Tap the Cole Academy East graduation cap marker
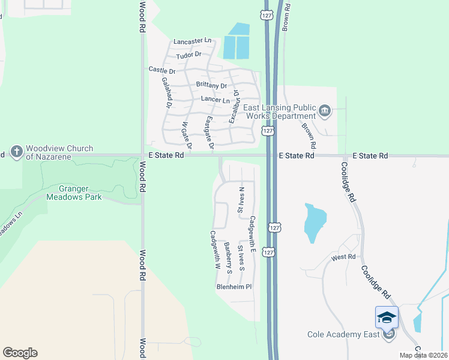point(387,317)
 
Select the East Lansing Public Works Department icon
point(325,110)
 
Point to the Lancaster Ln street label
point(193,41)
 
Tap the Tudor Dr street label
point(188,56)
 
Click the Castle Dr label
point(161,70)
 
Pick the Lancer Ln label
point(215,100)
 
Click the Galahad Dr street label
point(169,95)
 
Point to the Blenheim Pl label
point(234,287)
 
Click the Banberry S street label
point(228,255)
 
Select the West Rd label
point(343,257)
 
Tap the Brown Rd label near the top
point(287,16)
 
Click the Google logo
point(19,353)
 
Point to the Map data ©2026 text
point(423,355)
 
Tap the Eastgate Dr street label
point(209,132)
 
